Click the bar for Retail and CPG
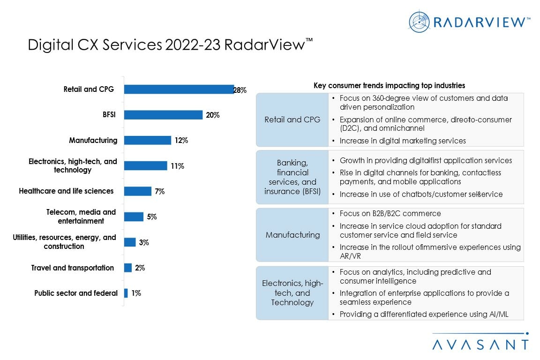(x=179, y=90)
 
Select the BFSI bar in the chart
(x=163, y=115)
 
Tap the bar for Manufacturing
(x=147, y=140)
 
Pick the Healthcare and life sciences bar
(x=137, y=191)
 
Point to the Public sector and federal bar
(x=126, y=293)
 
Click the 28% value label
(x=240, y=90)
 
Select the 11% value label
(x=177, y=166)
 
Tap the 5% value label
(x=152, y=217)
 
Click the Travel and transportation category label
(x=73, y=268)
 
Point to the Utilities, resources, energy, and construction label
(x=64, y=242)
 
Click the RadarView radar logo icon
(x=419, y=22)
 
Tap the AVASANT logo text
(x=480, y=345)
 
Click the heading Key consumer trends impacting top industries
(x=389, y=85)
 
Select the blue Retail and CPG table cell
(x=292, y=120)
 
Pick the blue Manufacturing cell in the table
(x=292, y=235)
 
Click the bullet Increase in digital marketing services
(x=403, y=141)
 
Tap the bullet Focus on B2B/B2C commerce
(x=390, y=213)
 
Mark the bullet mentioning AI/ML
(x=424, y=314)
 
